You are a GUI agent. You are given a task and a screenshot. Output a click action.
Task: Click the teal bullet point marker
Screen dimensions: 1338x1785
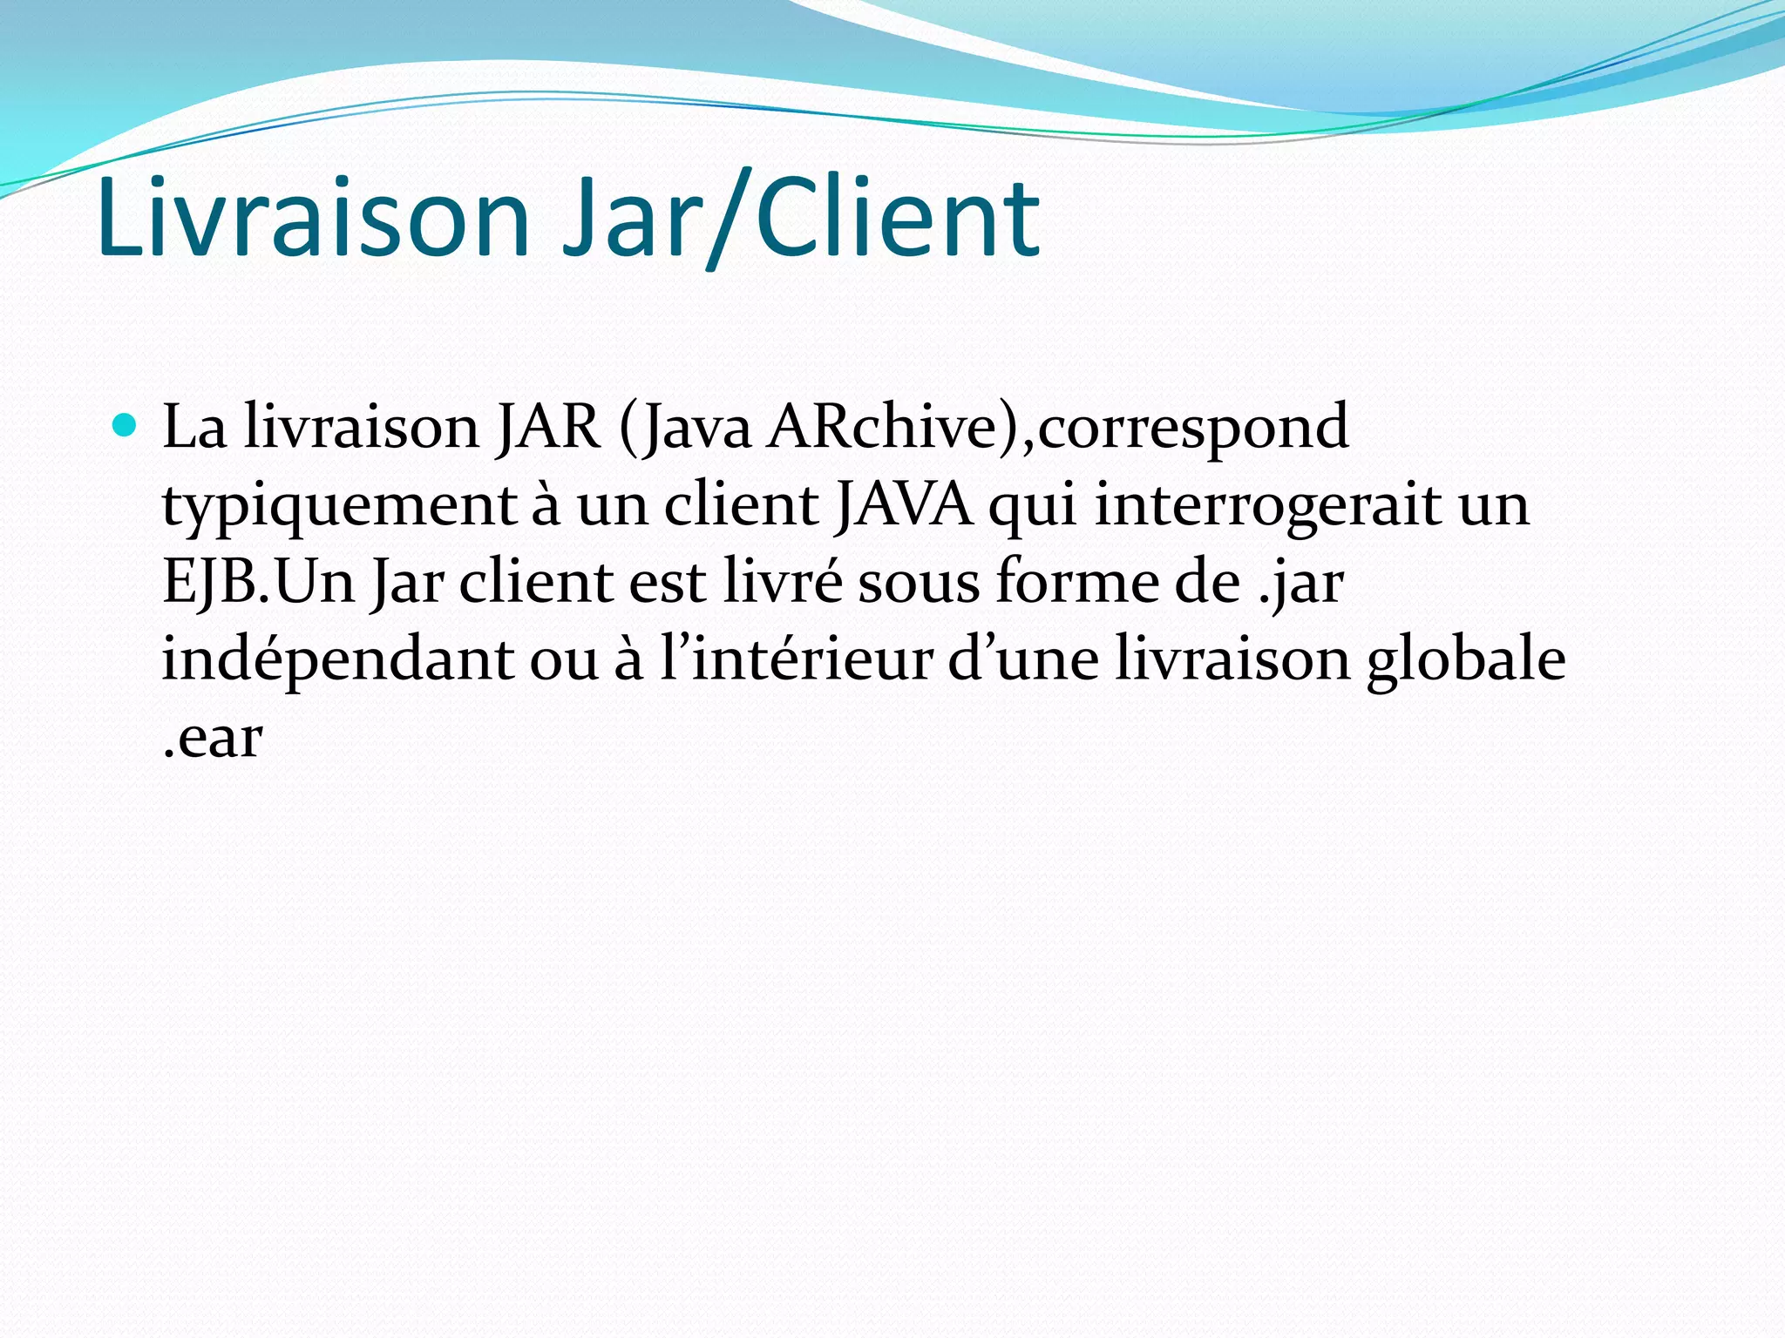click(x=126, y=426)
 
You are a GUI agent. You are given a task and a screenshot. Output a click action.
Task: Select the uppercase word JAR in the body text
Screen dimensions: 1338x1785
click(x=548, y=428)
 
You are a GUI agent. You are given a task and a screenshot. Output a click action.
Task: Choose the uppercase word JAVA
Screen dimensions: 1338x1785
click(x=903, y=505)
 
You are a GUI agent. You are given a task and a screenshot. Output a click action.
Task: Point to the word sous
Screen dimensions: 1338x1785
click(x=919, y=583)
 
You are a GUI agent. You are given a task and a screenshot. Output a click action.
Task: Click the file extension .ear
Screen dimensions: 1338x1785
click(x=212, y=739)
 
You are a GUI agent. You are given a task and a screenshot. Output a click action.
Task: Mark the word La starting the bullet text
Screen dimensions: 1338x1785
click(x=194, y=428)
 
